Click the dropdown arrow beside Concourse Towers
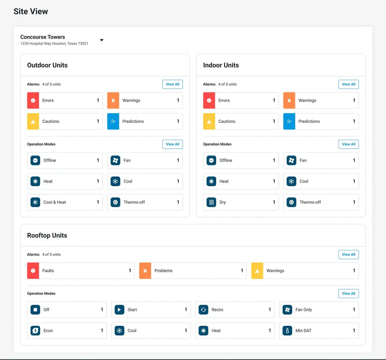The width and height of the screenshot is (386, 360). (102, 40)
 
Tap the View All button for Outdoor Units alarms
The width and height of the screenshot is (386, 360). (173, 84)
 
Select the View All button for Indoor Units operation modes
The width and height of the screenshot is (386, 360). (349, 144)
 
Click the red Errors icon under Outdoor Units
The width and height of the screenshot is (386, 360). (33, 100)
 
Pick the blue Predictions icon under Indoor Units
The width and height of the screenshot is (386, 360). (289, 121)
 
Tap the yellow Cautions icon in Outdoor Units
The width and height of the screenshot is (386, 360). (33, 121)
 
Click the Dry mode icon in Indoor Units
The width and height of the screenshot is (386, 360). (211, 202)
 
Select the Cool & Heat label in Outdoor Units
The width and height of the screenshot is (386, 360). (55, 202)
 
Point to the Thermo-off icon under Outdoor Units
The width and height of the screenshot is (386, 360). (115, 202)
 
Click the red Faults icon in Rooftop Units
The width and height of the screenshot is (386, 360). (33, 270)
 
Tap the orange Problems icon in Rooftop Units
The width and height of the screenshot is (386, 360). (145, 270)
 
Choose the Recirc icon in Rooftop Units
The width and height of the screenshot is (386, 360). (203, 310)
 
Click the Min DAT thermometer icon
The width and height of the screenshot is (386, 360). (287, 331)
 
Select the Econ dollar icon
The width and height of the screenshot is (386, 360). (35, 331)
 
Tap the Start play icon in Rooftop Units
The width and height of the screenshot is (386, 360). (119, 310)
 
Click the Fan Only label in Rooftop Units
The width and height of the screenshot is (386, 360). (303, 310)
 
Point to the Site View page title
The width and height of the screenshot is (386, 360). (31, 11)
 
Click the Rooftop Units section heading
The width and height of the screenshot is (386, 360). (47, 235)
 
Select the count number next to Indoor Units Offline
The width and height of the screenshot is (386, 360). (274, 160)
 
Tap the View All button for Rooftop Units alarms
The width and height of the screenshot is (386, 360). (349, 255)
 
